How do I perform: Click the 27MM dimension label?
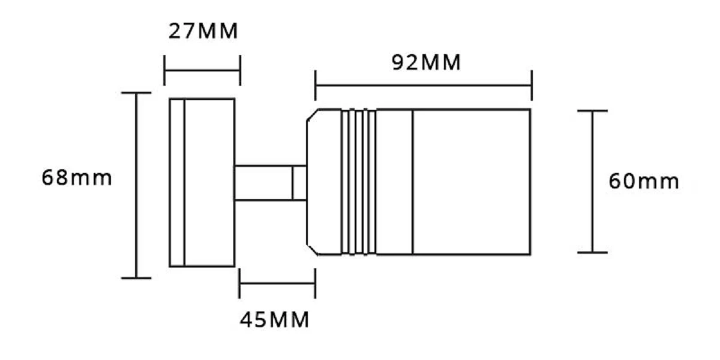point(203,31)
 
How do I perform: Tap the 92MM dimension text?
point(426,62)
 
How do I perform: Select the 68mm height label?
point(77,178)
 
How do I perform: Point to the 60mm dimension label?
point(644,181)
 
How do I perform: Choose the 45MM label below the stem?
point(275,320)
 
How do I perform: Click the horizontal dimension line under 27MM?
point(202,70)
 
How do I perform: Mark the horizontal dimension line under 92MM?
point(424,85)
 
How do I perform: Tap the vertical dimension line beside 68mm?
point(136,185)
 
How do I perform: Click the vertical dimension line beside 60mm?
point(593,182)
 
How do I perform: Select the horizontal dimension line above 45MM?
point(277,283)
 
